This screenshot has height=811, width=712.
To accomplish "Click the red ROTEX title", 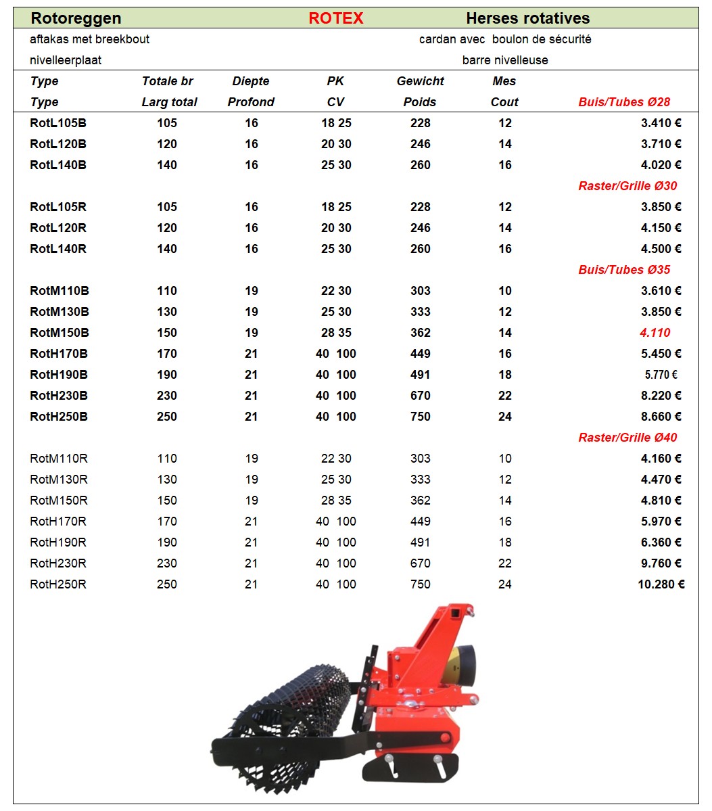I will click(x=335, y=18).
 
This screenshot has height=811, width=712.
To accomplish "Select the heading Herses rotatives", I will click(x=527, y=18).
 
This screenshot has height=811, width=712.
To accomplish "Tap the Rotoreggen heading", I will click(x=76, y=18).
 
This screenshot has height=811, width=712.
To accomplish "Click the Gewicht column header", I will click(x=420, y=81).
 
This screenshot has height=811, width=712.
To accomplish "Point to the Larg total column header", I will click(x=169, y=102).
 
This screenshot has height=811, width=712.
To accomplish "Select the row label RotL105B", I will click(x=58, y=123).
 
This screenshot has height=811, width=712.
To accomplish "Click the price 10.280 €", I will click(x=661, y=584).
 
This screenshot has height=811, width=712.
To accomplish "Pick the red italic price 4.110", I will click(x=655, y=333).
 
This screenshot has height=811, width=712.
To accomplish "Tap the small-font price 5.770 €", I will click(x=661, y=375).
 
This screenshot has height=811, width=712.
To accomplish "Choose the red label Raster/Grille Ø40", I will click(x=627, y=438).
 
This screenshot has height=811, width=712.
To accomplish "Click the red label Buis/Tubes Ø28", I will click(x=624, y=102).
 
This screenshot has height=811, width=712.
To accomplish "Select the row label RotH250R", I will click(x=58, y=584).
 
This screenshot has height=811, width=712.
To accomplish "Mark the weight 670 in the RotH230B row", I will click(x=420, y=396).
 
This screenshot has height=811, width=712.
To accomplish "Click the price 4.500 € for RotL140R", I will click(x=661, y=249).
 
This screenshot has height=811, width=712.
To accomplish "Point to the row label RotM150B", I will click(x=60, y=333).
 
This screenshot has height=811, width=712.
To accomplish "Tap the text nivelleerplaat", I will click(x=66, y=60).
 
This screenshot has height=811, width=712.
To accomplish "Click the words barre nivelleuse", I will click(x=505, y=60).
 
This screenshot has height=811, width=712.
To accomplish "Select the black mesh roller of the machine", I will click(x=291, y=703).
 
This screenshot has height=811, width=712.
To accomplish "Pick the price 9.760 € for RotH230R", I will click(x=661, y=563).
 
